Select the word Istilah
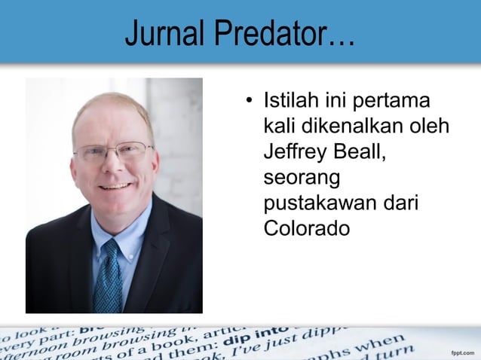[x=290, y=100]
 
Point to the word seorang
[x=302, y=178]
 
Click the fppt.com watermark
[x=462, y=352]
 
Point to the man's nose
[x=115, y=166]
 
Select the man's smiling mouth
[x=115, y=185]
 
